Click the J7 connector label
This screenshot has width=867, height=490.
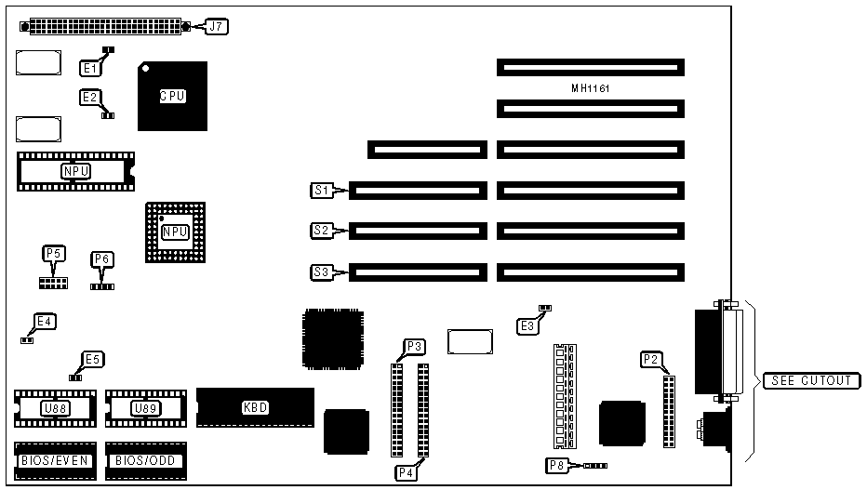click(x=216, y=26)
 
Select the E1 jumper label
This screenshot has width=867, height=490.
click(x=90, y=67)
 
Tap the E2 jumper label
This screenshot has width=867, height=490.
click(x=90, y=97)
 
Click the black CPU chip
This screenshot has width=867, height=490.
click(x=172, y=96)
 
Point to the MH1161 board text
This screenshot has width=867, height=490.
click(x=590, y=88)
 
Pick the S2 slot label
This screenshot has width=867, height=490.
click(x=321, y=231)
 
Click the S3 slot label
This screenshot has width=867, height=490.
click(x=321, y=272)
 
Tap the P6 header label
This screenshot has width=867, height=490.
click(x=101, y=259)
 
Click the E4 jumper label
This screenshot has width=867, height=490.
click(x=44, y=323)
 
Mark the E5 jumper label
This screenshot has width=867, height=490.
click(x=92, y=359)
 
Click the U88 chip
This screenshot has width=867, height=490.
click(x=53, y=408)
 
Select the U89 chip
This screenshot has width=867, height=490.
click(x=144, y=408)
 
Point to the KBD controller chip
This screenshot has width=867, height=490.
click(x=254, y=407)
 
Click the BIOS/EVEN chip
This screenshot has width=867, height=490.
click(x=53, y=460)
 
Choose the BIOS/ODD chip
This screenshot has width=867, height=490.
click(x=145, y=460)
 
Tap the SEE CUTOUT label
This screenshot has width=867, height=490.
click(x=809, y=380)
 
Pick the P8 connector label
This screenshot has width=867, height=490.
click(x=555, y=465)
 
